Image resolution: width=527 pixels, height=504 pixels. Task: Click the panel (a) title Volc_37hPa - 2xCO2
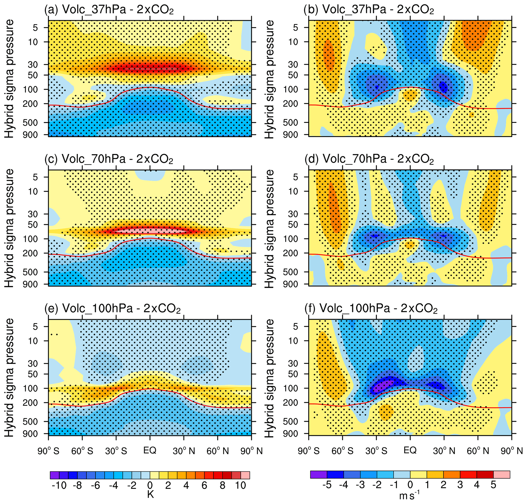(109, 10)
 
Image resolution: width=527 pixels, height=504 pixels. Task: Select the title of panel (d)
(369, 159)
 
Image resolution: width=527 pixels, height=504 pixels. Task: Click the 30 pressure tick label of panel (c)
(33, 214)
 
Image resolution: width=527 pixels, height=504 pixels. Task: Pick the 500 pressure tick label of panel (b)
(290, 123)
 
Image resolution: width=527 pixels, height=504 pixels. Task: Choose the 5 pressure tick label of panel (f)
(295, 327)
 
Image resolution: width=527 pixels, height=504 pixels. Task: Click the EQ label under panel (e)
(150, 450)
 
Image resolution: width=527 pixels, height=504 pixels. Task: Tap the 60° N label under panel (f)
(478, 450)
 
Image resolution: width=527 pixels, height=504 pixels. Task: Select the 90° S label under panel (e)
(48, 451)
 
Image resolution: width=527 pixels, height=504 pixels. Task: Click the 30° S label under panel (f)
(376, 450)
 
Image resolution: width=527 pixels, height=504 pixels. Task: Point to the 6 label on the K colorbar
(204, 485)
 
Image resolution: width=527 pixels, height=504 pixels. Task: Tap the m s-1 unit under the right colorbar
(409, 495)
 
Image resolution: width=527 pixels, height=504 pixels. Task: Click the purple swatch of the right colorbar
(318, 475)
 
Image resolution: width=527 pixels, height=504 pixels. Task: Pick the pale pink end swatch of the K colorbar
(245, 475)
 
